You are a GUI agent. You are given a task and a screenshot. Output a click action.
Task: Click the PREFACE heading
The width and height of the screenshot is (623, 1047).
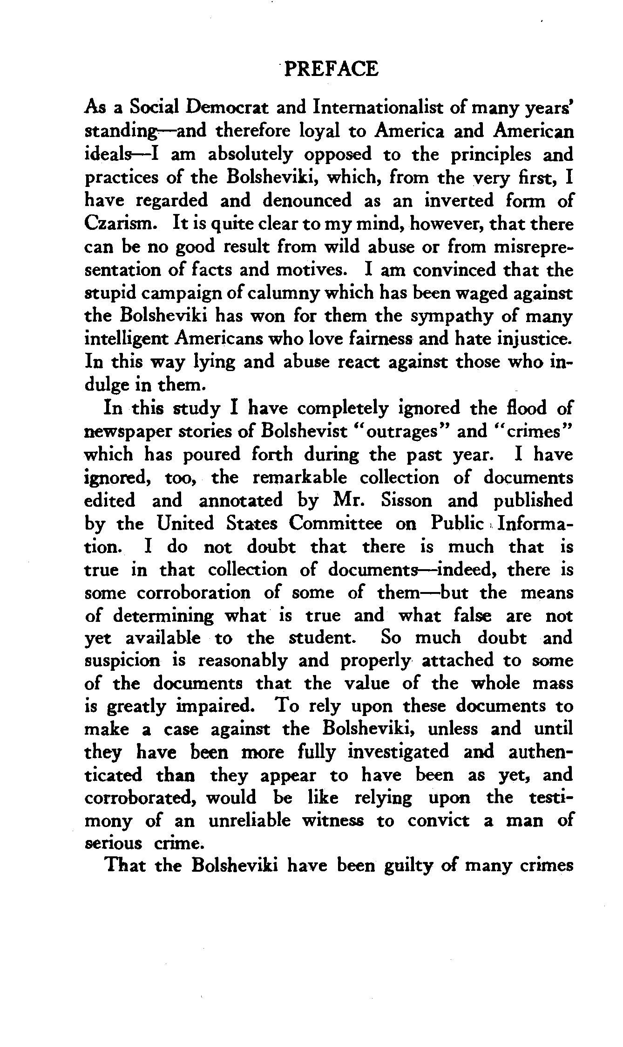[331, 69]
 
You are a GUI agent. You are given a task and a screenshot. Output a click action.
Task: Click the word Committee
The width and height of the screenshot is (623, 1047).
[335, 524]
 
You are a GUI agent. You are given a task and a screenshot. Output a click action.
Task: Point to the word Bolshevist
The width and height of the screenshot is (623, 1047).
[305, 432]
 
